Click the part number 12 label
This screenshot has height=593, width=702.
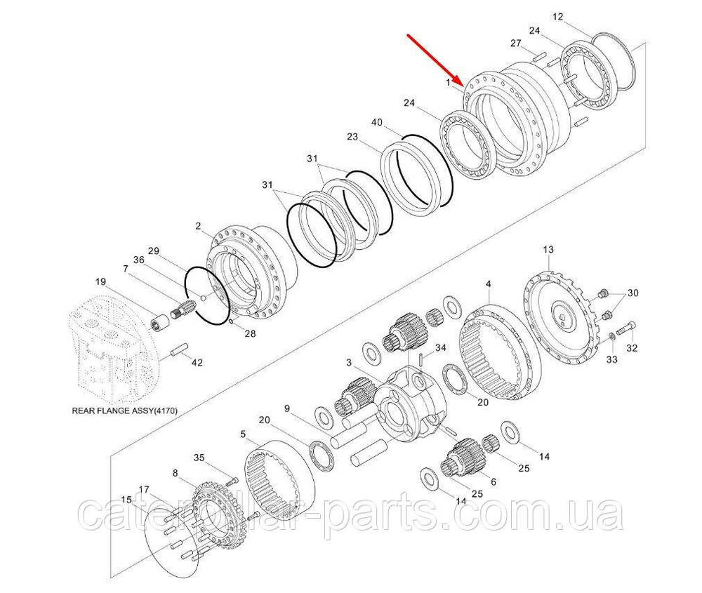point(558,17)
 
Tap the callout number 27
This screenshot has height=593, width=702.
point(516,43)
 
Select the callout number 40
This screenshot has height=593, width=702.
point(377,122)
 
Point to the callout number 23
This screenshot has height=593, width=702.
point(352,136)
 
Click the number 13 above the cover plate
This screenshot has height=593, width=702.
point(548,249)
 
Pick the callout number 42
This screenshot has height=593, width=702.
point(197,363)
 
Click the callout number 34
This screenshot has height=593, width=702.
point(441,347)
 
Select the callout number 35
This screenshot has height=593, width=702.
point(199,458)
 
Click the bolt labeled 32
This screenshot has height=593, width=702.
point(627,331)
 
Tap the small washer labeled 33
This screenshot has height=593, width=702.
point(612,337)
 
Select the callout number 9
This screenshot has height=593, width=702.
point(287,408)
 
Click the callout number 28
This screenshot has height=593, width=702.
point(250,333)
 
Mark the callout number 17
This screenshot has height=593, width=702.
point(144,488)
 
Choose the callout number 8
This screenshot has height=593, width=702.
point(175,472)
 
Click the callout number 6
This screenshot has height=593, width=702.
point(493,481)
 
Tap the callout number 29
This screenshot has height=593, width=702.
point(154,251)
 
